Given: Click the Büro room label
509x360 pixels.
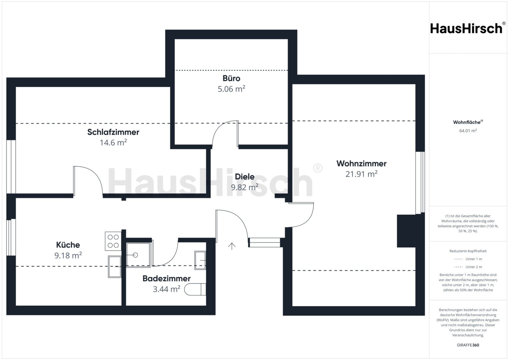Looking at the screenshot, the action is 231,78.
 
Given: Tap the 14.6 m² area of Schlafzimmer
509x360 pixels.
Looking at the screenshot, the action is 113,143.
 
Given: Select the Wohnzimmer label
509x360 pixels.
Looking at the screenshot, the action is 361,164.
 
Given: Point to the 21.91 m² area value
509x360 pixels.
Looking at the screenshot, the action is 361,174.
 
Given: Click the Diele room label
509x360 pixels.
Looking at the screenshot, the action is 245,177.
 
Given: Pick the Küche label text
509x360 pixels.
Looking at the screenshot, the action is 68,245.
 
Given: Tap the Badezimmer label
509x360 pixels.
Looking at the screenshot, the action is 167,279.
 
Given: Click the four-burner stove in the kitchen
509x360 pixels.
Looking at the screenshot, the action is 113,241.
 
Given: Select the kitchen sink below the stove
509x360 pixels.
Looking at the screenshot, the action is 115,267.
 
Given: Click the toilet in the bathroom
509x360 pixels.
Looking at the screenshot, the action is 195,290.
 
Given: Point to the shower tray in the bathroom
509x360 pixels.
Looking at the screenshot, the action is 138,255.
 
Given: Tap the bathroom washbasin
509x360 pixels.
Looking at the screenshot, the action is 200,260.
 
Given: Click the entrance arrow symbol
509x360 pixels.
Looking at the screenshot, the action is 232,246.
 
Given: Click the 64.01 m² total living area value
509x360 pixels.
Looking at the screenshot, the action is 468,131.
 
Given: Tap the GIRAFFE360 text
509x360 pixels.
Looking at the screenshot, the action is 468,345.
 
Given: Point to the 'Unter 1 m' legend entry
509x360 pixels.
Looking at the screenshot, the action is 468,259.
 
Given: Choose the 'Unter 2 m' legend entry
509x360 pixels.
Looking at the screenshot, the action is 468,267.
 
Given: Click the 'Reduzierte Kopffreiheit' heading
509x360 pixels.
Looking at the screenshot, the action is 468,251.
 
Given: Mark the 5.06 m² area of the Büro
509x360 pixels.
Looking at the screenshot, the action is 231,89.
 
